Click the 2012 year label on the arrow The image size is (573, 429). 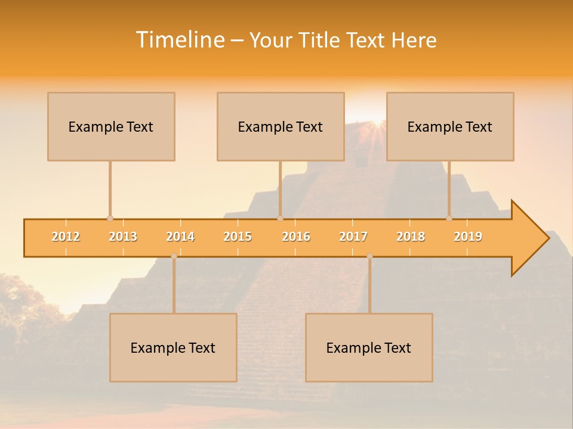pos(66,237)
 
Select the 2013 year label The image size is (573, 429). pos(123,237)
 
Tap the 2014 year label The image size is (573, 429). pos(180,237)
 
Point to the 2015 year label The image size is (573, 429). pos(238,237)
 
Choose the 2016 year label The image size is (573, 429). pos(296,237)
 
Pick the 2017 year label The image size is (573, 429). pos(353,237)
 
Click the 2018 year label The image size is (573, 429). pos(411,237)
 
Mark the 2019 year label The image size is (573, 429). pos(468,237)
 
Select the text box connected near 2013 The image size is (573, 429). pos(111,126)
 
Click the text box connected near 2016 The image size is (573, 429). pos(281,126)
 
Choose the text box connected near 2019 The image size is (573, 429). pos(450,126)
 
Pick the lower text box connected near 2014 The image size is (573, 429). pos(173,347)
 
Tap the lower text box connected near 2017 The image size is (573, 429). pos(369,347)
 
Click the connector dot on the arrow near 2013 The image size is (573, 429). pos(110,219)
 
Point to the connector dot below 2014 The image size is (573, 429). pos(174,256)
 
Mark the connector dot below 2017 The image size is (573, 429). pos(369,256)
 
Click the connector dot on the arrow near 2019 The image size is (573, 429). pos(449,219)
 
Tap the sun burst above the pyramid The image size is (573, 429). pos(376,123)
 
